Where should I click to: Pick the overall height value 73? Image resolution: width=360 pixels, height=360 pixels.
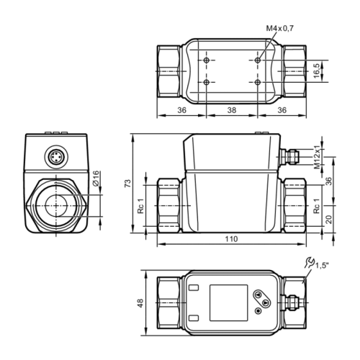tap(127, 184)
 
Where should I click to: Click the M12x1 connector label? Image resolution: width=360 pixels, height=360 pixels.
tap(317, 156)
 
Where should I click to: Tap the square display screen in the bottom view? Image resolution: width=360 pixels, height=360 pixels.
tap(226, 301)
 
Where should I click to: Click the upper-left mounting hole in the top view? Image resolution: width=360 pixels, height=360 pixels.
tap(207, 60)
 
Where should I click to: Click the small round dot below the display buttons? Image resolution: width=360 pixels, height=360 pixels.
tap(258, 312)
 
